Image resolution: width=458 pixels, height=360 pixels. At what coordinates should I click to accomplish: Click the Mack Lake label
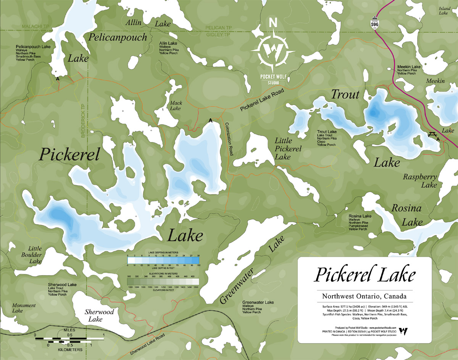tap(176, 106)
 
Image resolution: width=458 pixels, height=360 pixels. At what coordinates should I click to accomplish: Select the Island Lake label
tap(444, 10)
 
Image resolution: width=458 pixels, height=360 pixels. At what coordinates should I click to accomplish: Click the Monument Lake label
tap(24, 308)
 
